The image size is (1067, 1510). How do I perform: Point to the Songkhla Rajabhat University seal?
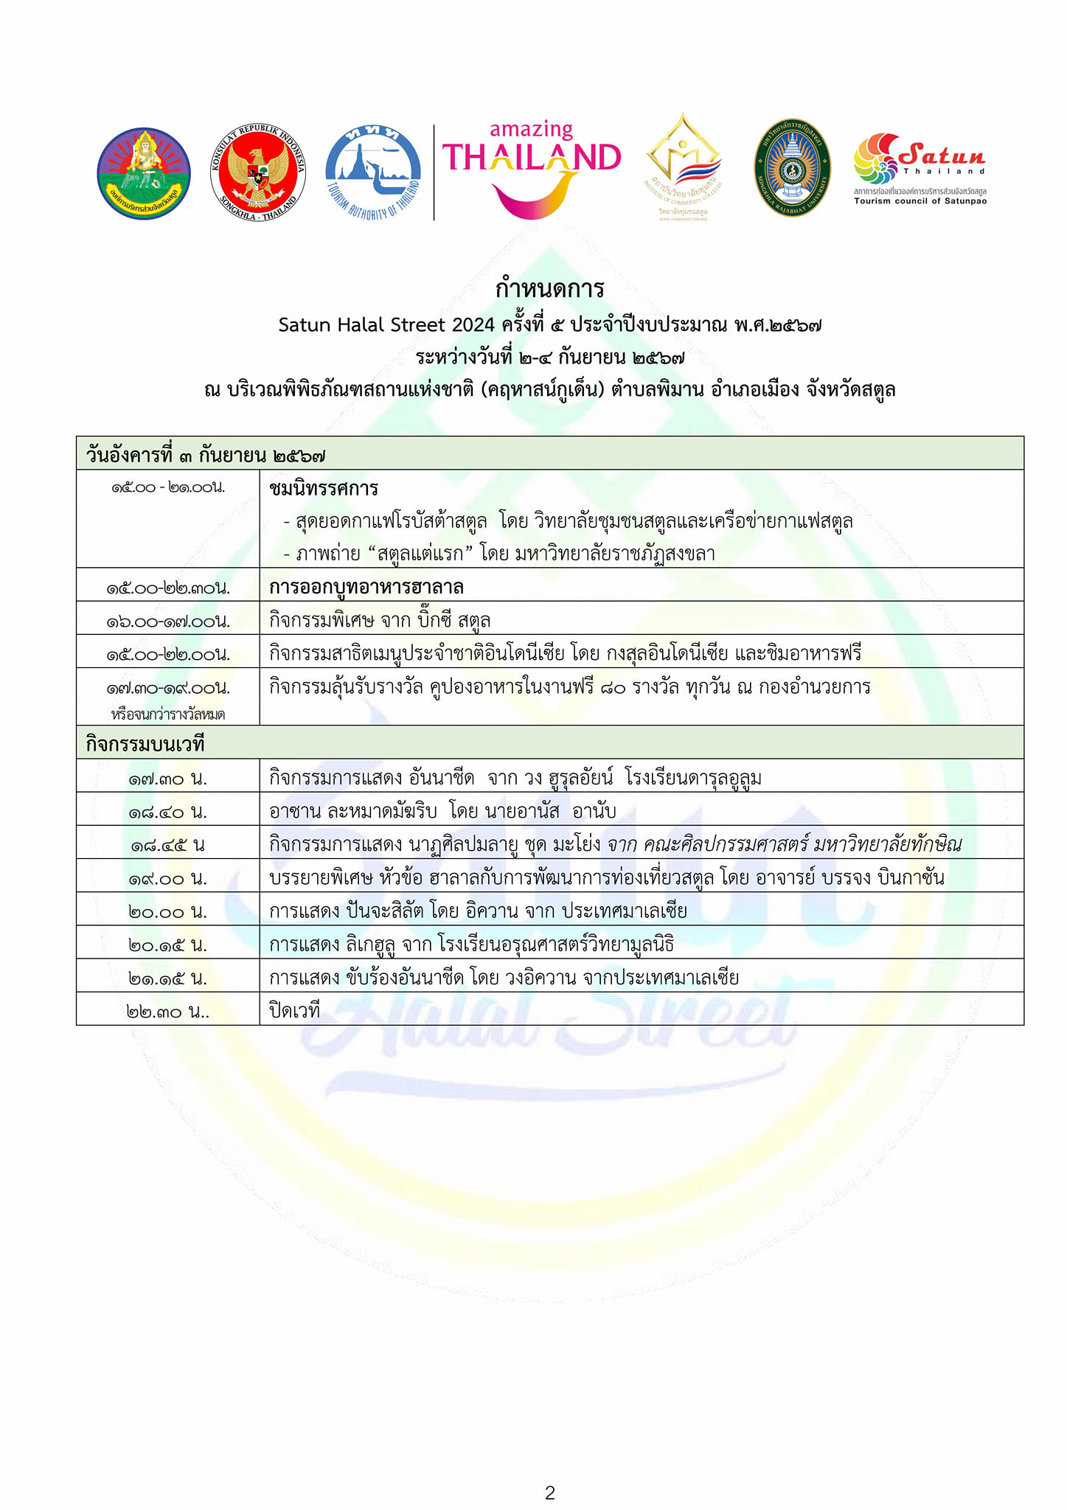point(792,168)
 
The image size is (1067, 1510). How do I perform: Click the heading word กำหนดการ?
point(549,288)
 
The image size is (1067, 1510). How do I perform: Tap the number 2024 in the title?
point(473,324)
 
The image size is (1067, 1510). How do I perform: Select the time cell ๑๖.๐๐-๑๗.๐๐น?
point(168,622)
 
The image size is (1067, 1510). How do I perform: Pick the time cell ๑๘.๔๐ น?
point(168,812)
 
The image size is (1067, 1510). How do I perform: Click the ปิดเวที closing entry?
point(294,1010)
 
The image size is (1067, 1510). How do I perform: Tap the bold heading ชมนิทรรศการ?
point(324,488)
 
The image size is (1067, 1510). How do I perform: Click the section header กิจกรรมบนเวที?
point(145,744)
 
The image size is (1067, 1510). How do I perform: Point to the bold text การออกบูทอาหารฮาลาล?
point(366,588)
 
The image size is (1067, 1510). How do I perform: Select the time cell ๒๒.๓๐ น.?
point(168,1012)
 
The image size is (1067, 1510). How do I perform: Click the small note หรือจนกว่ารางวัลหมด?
point(168,714)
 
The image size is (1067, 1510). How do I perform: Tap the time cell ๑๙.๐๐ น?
point(168,878)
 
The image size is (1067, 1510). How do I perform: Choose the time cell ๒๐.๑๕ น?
point(168,944)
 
